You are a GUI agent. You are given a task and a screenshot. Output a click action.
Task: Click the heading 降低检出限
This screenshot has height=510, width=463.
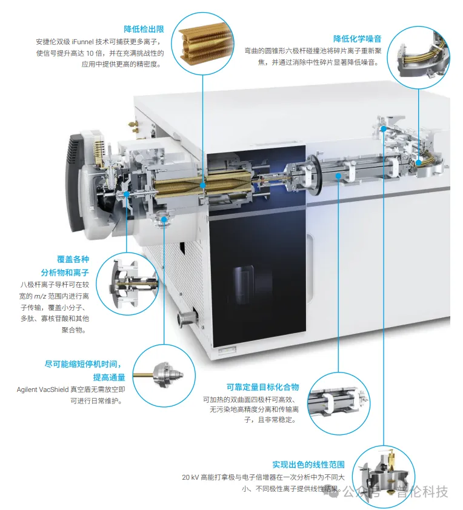pos(144,29)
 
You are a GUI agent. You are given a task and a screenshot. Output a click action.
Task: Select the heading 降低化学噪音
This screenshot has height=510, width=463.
pos(358,39)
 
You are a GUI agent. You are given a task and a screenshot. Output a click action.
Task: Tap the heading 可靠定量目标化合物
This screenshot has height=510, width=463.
pos(262,387)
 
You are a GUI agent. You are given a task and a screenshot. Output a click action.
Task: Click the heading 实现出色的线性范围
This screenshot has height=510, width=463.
pos(308,465)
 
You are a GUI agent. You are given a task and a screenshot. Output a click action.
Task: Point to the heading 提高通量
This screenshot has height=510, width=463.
pos(109,377)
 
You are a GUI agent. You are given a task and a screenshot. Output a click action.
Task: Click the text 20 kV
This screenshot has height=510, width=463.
pos(190,477)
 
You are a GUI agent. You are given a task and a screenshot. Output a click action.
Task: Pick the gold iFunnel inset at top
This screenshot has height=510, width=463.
pos(202,43)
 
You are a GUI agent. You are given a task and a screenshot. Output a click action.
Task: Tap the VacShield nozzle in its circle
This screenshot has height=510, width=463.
pos(164,375)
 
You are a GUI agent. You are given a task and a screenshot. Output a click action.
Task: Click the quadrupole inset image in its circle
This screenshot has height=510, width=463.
pos(338,403)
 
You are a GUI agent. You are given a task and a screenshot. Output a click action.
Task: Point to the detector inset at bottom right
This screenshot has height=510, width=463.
pos(384,477)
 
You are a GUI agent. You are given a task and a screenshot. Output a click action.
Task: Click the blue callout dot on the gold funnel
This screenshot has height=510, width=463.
pos(202,185)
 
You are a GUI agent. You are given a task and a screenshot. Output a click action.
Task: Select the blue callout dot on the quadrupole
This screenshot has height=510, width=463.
pos(338,176)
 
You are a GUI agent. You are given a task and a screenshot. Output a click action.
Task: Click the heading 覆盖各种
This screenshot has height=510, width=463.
pos(73,259)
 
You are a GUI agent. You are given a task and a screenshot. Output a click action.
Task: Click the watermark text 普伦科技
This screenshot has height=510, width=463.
pos(422,491)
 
